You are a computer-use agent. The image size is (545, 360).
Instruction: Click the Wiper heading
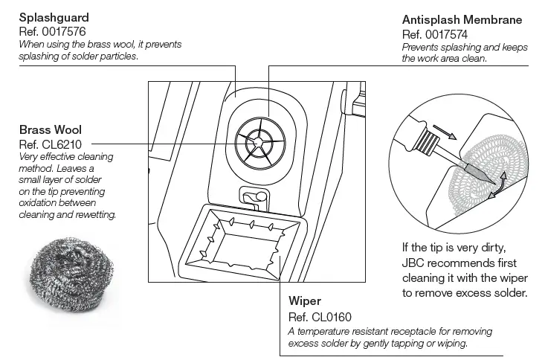click(304, 301)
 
